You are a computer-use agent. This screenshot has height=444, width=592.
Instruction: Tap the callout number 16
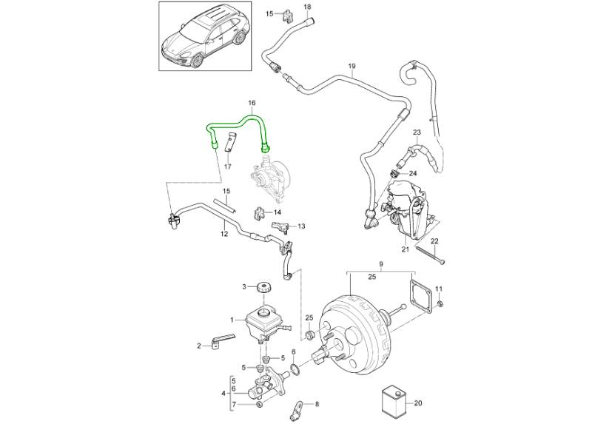tap(252, 103)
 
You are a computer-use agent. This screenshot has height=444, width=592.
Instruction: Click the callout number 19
tap(352, 67)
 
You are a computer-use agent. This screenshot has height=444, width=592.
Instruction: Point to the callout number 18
tap(287, 7)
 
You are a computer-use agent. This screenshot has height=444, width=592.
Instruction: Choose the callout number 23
tap(417, 132)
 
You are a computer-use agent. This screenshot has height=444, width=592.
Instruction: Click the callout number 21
tap(405, 249)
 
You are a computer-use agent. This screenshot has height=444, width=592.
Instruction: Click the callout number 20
tap(418, 403)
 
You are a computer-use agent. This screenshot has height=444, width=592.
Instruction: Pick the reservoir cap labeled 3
tap(261, 286)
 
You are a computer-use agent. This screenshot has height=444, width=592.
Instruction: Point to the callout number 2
tap(199, 346)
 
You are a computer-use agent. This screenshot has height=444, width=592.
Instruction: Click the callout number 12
tap(223, 234)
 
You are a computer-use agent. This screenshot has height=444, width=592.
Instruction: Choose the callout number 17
tap(228, 167)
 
